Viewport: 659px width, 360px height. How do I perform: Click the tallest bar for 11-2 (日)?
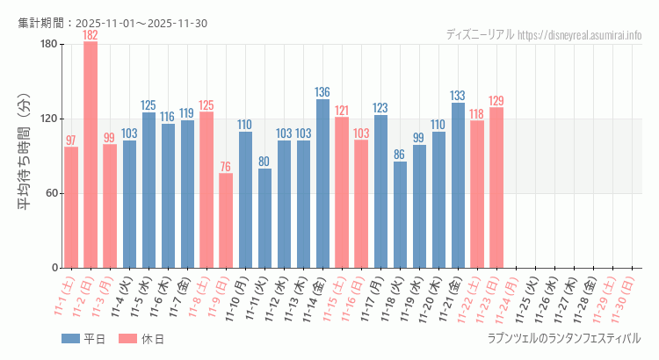(x=91, y=155)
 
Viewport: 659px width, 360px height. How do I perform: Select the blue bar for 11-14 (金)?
(x=322, y=184)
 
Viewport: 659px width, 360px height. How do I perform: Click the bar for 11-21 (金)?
(x=458, y=185)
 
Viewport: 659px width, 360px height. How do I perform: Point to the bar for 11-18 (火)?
(x=400, y=214)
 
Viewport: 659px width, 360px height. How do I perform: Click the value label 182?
(x=91, y=35)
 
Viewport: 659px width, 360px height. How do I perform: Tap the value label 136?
(x=322, y=92)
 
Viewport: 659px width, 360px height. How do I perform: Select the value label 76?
(x=226, y=167)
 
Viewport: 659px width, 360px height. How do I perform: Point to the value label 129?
(x=496, y=101)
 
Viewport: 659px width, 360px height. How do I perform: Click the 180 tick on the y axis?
(x=48, y=45)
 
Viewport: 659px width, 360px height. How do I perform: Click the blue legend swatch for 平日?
(x=71, y=338)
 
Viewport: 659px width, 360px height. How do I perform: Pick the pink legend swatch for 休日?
(x=127, y=338)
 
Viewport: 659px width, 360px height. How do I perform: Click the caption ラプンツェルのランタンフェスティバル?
(x=563, y=338)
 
